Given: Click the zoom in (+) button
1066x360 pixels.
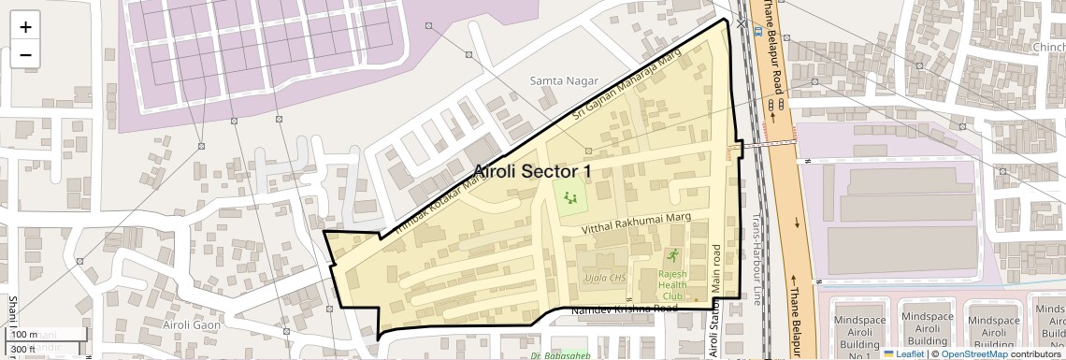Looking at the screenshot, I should [x=25, y=27].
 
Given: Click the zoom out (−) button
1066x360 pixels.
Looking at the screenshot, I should [x=25, y=54].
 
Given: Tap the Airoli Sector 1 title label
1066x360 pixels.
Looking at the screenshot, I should [x=532, y=171].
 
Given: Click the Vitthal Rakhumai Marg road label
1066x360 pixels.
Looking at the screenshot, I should [x=635, y=221].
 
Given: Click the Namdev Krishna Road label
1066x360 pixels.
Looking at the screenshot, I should [x=624, y=309].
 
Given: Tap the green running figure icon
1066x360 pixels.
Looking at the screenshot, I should [x=671, y=255].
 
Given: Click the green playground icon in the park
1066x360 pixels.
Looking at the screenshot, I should [x=569, y=195].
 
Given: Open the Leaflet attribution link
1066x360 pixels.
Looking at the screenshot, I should [x=903, y=353].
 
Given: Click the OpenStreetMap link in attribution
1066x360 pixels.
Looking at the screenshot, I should [x=974, y=353].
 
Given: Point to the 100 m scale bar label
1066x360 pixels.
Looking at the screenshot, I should [x=24, y=334].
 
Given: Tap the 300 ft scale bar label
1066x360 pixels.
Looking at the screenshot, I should [x=23, y=350].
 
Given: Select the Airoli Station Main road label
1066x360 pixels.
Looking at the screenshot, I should [x=717, y=299].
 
